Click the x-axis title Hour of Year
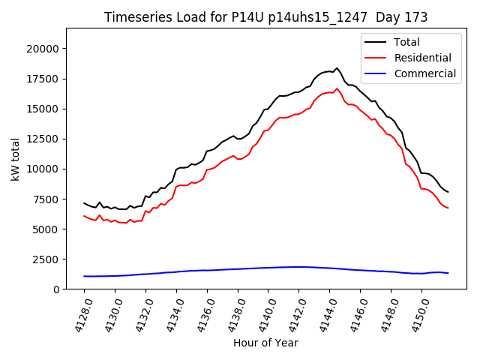(265, 343)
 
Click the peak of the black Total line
(337, 68)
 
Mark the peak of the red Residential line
(337, 88)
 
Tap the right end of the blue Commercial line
(448, 273)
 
